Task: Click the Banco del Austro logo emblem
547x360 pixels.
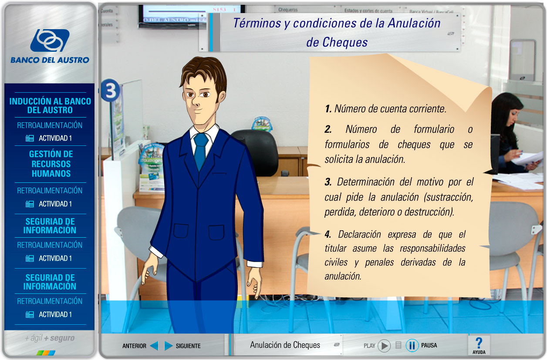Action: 50,40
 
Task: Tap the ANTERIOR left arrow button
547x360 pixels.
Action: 154,346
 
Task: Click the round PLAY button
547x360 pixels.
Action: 384,346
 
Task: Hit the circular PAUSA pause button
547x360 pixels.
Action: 412,346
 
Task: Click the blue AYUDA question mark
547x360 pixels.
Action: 479,343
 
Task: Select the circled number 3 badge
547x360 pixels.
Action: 110,90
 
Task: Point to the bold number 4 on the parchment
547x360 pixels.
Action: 328,235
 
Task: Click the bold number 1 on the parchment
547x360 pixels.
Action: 328,109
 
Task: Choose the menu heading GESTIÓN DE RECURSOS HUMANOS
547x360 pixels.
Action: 51,164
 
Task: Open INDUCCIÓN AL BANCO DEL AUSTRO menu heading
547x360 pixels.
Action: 50,106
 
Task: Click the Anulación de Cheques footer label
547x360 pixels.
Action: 285,345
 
